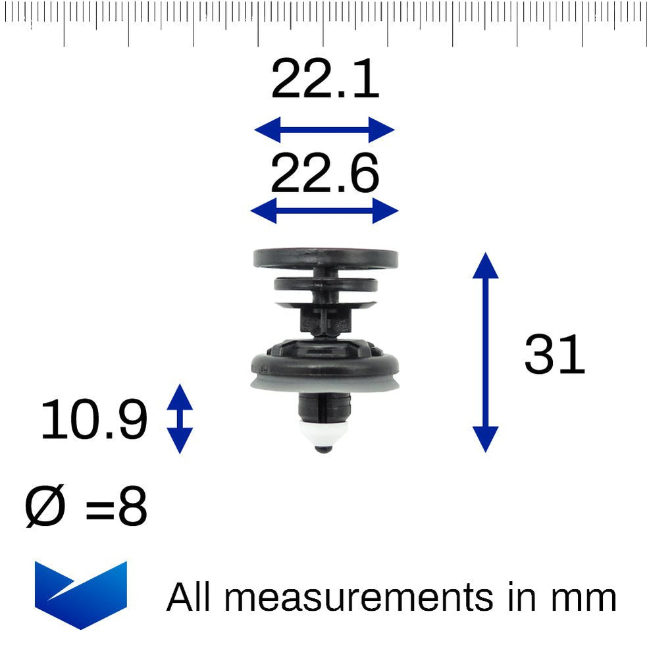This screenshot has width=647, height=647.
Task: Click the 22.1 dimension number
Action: (324, 80)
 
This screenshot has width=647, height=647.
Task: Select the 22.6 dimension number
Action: (324, 174)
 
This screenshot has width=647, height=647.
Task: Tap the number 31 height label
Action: (554, 355)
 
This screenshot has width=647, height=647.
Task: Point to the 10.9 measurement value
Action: (93, 421)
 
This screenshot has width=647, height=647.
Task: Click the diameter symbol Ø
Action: (45, 508)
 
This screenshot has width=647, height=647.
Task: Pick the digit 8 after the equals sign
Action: (132, 508)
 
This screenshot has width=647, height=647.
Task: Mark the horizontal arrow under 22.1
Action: (324, 130)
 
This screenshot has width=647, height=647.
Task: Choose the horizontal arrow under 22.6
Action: (324, 211)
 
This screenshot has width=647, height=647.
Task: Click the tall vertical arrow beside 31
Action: (485, 352)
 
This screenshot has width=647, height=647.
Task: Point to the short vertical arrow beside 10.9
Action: (179, 419)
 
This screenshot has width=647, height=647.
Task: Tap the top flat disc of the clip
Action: (325, 258)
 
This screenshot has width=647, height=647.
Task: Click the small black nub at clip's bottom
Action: (324, 449)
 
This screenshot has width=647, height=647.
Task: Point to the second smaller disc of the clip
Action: (325, 285)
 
